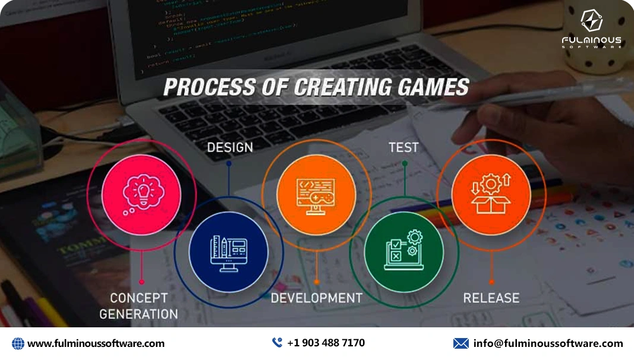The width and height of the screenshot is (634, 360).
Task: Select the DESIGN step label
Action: coord(230,147)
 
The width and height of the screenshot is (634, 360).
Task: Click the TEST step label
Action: coord(403,147)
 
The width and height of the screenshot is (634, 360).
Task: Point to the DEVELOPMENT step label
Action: coord(316,298)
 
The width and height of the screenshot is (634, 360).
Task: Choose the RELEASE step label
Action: coord(491,298)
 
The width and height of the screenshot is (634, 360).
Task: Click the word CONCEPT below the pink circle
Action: coord(139,298)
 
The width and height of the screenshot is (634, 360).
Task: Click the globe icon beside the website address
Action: coord(18,343)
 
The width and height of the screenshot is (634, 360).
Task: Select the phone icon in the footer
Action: coord(277,343)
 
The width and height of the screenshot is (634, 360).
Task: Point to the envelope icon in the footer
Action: coord(460,343)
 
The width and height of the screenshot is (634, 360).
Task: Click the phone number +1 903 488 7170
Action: coord(326,343)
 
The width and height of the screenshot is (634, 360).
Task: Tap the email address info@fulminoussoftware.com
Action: coord(548,343)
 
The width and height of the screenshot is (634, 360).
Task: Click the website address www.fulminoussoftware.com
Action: coord(96,343)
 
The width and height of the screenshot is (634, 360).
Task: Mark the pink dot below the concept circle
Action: coord(141,282)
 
